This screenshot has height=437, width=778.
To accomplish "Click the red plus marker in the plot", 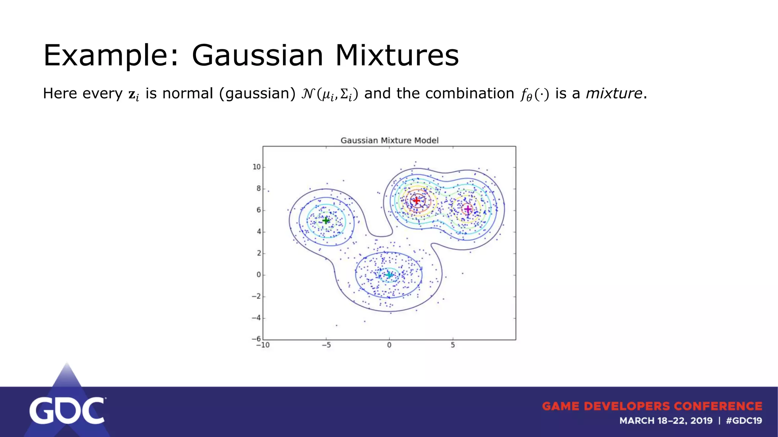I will (417, 200).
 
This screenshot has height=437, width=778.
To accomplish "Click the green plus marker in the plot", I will (326, 220).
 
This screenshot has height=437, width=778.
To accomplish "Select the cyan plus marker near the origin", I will (389, 275).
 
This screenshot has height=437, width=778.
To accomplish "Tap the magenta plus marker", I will (468, 209).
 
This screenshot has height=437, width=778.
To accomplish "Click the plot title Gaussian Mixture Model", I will (389, 140).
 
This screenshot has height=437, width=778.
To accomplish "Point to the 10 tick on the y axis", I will (257, 167).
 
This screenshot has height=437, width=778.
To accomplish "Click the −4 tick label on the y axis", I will (256, 318).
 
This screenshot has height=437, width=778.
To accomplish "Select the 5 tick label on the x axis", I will (453, 345).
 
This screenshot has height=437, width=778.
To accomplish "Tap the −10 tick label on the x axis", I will (263, 345).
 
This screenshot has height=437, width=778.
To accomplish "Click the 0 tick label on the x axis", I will (389, 345).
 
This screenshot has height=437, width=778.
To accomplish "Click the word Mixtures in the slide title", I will (397, 55).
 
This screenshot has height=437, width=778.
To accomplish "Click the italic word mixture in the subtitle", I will (614, 93).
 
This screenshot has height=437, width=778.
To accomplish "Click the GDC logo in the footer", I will (67, 410).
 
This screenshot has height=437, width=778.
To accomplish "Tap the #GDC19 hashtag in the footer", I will (744, 421).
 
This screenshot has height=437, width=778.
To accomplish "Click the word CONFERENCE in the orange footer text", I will (718, 406).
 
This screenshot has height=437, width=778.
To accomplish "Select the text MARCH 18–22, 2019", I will (666, 421).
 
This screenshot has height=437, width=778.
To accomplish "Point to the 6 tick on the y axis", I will (259, 210).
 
